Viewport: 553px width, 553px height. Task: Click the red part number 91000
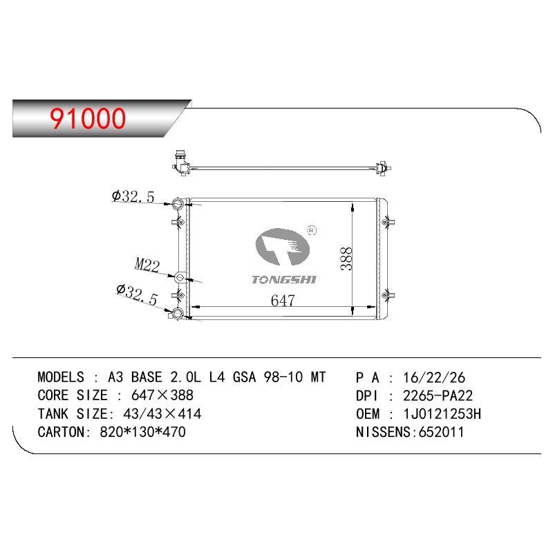click(x=88, y=118)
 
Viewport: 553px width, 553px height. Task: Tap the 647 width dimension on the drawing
click(x=283, y=301)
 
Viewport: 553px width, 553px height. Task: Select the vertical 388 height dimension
click(x=346, y=259)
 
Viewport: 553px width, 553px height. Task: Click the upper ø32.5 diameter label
click(x=133, y=196)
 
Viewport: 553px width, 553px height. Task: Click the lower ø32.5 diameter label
click(x=137, y=294)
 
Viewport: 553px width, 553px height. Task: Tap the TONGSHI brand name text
click(x=284, y=280)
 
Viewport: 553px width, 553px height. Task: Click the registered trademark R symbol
click(x=312, y=230)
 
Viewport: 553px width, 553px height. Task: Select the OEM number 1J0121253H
click(x=442, y=413)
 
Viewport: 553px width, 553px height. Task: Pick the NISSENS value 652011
click(x=441, y=432)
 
